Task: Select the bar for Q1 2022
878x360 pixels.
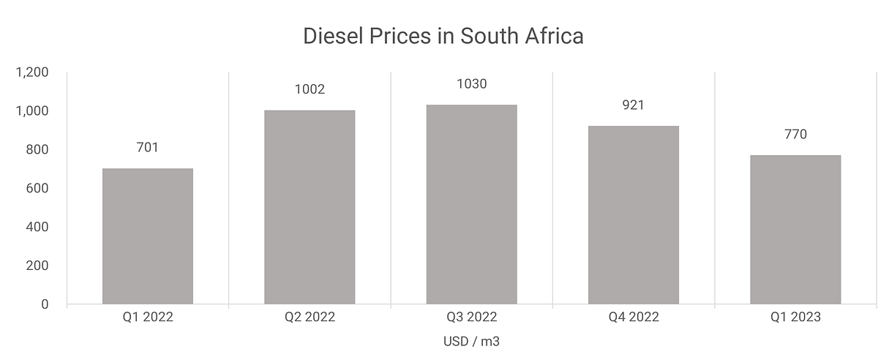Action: coord(147,236)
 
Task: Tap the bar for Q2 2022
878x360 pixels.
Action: coord(309,207)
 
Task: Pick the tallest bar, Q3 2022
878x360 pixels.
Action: coord(471,204)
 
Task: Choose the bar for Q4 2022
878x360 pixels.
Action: coord(633,214)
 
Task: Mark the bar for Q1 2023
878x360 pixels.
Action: coord(795,229)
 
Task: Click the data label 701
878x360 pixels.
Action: coord(147,148)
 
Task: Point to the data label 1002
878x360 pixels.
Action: coord(309,90)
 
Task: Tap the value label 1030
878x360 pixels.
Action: coord(471,84)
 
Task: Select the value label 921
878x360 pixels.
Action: coord(633,105)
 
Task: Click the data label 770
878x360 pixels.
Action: coord(795,135)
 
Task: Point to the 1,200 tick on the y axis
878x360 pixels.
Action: coord(31,72)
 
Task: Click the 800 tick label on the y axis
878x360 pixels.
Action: coord(36,150)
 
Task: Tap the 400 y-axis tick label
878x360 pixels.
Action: coord(36,227)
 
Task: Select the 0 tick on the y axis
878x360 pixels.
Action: coord(45,304)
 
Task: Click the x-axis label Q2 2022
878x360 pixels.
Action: coord(309,318)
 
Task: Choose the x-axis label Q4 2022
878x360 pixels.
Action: coord(633,318)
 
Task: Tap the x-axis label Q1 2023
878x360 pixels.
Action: coord(795,318)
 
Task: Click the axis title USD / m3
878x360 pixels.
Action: coord(471,342)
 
